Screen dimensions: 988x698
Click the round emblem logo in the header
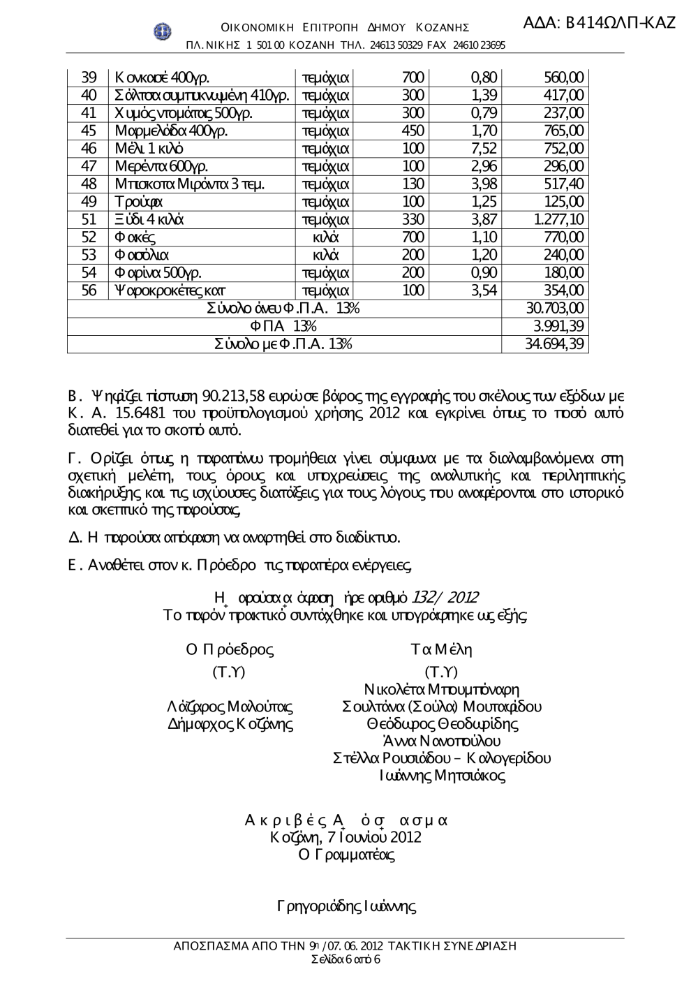pos(163,30)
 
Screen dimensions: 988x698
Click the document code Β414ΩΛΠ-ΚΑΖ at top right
pos(599,22)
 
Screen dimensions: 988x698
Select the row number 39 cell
pos(89,78)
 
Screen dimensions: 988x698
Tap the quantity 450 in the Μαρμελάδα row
pos(413,131)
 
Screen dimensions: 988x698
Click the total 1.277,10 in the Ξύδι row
pos(559,220)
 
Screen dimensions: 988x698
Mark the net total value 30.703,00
pos(554,309)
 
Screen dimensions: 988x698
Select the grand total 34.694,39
pos(554,344)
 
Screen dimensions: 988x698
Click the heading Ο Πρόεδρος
pos(230,649)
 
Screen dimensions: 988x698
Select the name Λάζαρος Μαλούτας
pos(231,707)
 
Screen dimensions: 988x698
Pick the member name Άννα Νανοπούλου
pos(442,741)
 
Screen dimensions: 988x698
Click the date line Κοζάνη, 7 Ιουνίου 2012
pos(346,836)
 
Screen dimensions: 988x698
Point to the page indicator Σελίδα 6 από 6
pos(346,959)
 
